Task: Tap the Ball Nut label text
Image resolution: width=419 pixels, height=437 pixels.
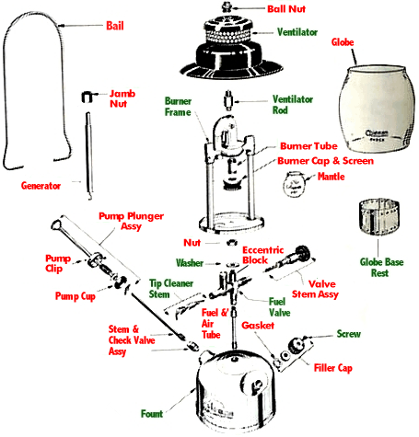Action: pos(288,9)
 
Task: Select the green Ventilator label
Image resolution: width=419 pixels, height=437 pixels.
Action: pos(297,31)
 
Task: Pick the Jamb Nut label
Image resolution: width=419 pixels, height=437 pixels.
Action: pos(123,99)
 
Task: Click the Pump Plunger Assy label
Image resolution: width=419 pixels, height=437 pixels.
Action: pos(131,222)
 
